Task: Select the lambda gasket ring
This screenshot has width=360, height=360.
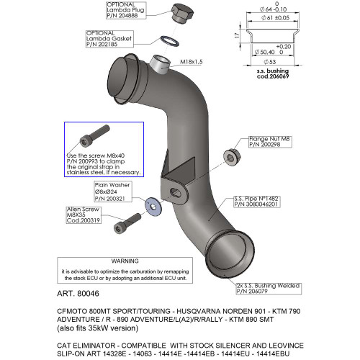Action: click(167, 39)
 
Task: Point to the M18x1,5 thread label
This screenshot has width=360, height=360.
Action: click(191, 61)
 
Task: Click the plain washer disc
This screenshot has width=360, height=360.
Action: click(153, 204)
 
